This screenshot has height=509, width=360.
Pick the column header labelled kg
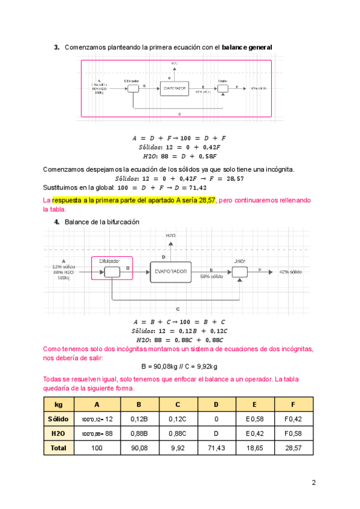pos(58,404)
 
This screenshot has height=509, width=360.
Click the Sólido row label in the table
pos(58,418)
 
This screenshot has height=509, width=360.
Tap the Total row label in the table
pos(58,448)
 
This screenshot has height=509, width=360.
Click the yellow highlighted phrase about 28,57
pos(134,200)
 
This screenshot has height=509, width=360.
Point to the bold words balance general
pos(247,47)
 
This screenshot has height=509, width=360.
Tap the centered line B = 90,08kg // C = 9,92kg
pos(179,367)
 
